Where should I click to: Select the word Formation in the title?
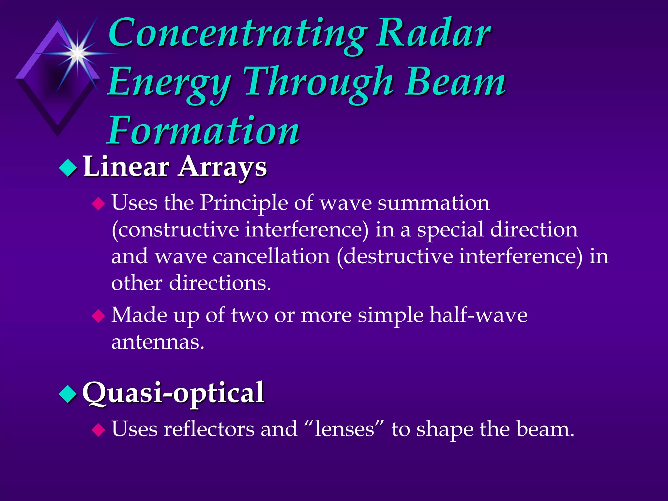tap(204, 130)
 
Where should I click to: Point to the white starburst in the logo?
tap(77, 53)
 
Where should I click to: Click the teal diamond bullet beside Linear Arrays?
tap(68, 168)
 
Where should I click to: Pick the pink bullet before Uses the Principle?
tap(99, 204)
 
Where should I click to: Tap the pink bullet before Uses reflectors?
tap(99, 430)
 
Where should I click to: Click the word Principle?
tap(244, 203)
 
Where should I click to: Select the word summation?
tap(433, 203)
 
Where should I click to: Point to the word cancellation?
tap(271, 256)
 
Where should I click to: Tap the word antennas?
tap(158, 342)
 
